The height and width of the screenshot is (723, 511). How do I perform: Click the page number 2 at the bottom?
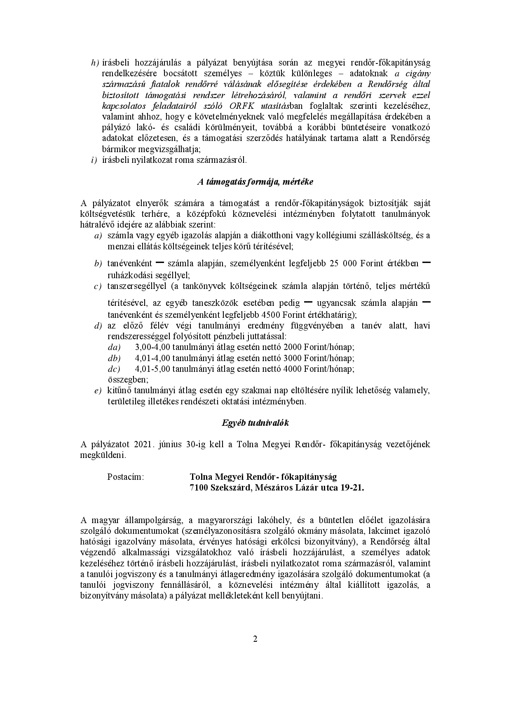tap(255, 639)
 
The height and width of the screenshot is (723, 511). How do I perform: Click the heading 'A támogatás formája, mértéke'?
tap(255, 181)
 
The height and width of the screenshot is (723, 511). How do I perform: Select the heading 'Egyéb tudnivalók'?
tap(255, 423)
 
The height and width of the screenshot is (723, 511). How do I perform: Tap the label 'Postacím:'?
tap(125, 477)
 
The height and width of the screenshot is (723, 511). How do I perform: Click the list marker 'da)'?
tap(114, 347)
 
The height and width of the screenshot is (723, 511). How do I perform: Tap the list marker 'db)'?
tap(114, 358)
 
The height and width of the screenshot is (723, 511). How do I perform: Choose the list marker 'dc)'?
tap(114, 369)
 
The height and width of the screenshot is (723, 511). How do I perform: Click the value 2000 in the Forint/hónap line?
tap(293, 347)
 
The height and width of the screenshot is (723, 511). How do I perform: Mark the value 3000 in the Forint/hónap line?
tap(293, 358)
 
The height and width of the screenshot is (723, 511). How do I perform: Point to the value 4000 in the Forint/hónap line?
tap(293, 369)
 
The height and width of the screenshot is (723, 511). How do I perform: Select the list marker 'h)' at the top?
tap(95, 63)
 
